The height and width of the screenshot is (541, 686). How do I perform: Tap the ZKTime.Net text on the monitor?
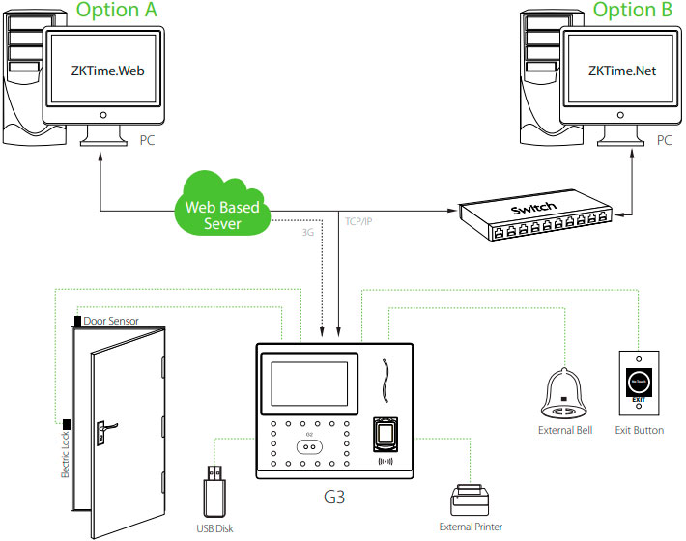(x=621, y=70)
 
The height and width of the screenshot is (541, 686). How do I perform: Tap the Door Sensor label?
(x=111, y=320)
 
